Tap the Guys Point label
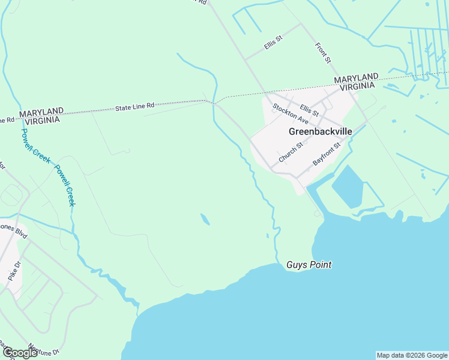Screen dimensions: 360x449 tap(309, 265)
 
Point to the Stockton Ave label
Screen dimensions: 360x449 tap(290, 114)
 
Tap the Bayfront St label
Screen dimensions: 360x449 tap(327, 154)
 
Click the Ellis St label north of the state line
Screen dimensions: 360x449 tap(273, 41)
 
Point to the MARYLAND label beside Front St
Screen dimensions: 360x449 tap(356, 78)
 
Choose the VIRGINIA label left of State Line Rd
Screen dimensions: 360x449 tap(40, 120)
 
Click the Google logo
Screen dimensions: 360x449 tap(19, 353)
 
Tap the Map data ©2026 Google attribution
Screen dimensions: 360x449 tap(412, 355)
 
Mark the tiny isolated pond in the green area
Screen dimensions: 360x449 tap(205, 220)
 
